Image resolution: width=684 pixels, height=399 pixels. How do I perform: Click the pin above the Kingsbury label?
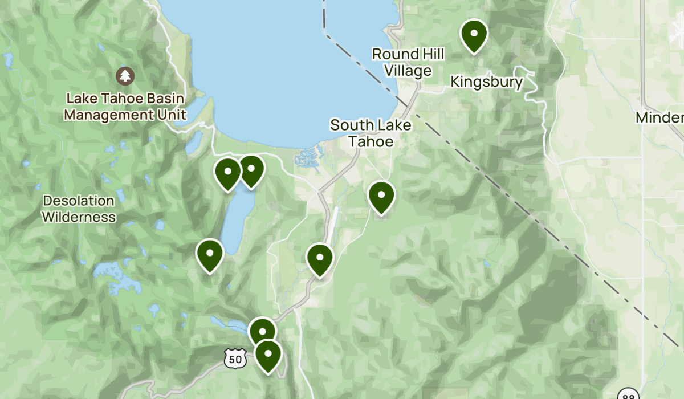(474, 35)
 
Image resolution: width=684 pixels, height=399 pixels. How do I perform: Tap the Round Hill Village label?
(408, 62)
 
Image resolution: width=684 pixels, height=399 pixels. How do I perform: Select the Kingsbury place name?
(486, 82)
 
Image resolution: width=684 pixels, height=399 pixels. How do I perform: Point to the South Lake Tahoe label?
(370, 133)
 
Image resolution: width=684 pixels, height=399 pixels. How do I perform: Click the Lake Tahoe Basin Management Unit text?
(125, 107)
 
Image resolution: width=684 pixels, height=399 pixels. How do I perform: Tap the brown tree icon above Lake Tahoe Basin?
(125, 75)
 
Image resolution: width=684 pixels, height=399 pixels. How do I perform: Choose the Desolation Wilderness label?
(79, 209)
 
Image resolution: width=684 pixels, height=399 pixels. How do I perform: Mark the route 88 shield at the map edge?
(629, 396)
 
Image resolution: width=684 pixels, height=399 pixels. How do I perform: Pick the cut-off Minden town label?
(661, 118)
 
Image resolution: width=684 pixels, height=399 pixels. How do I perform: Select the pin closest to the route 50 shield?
(267, 355)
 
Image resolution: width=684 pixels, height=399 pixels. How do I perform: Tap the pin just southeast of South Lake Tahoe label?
(381, 197)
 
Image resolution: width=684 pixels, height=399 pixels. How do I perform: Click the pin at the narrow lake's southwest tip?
(210, 255)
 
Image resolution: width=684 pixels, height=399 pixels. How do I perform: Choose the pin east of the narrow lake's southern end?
(320, 259)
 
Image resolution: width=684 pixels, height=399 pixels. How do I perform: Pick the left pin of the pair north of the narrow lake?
(227, 174)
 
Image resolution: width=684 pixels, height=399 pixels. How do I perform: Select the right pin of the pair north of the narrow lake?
(251, 170)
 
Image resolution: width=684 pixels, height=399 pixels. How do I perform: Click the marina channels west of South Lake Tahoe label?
(308, 157)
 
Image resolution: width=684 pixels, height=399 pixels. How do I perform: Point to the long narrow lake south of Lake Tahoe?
(233, 222)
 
